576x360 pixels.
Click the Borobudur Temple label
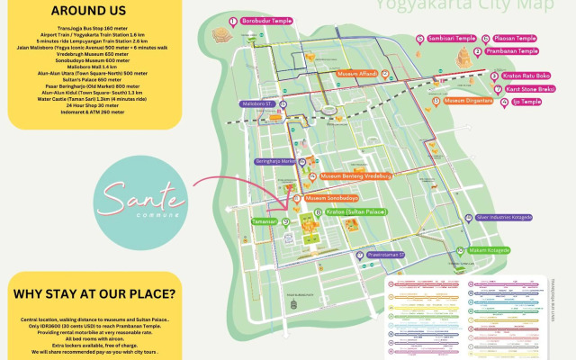point(264,20)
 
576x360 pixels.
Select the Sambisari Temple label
point(451,39)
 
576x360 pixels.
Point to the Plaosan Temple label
point(516,39)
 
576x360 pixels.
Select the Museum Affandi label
point(357,72)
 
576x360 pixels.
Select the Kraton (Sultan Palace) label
point(355,212)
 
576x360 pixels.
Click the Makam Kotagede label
point(490,250)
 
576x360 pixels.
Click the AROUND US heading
point(76,11)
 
